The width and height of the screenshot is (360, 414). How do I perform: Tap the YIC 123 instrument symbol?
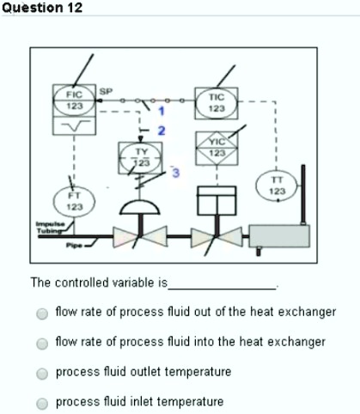coord(216,146)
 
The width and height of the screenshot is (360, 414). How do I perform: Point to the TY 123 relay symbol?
coord(139,157)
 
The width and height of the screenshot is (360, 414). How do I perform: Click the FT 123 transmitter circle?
coord(75,201)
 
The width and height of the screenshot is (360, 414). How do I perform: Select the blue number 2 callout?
coord(159,130)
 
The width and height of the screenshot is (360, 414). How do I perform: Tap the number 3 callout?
coord(175,174)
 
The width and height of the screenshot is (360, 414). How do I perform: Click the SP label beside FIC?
coord(106,89)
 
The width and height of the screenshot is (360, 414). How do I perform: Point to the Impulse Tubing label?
coord(49,226)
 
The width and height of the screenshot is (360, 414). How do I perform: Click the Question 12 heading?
coord(42,8)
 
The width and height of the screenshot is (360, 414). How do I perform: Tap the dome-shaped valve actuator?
coord(139,206)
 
